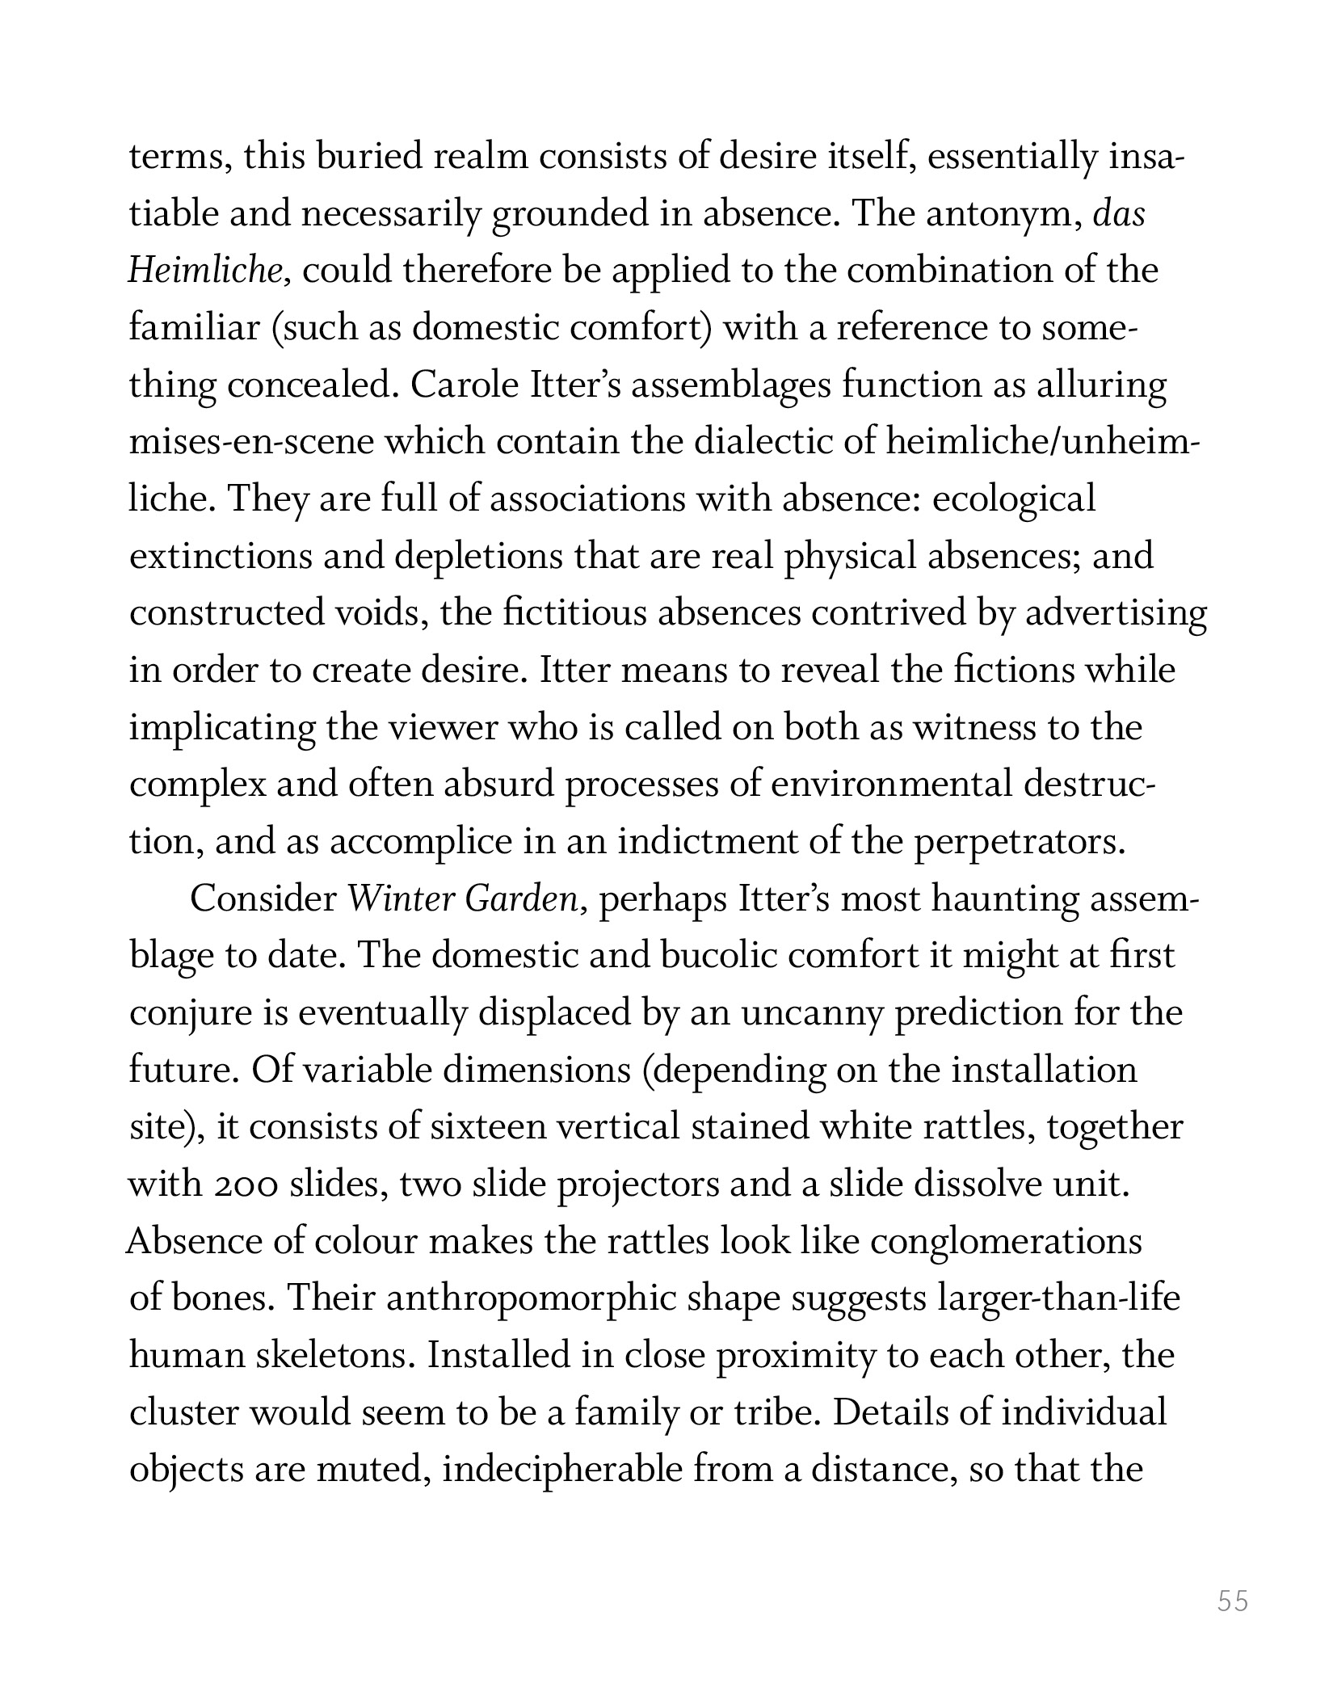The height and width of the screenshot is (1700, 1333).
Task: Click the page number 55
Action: coord(1233,1600)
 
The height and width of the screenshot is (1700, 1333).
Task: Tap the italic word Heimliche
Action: coord(203,271)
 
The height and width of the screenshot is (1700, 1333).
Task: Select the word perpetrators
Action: coord(1020,842)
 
